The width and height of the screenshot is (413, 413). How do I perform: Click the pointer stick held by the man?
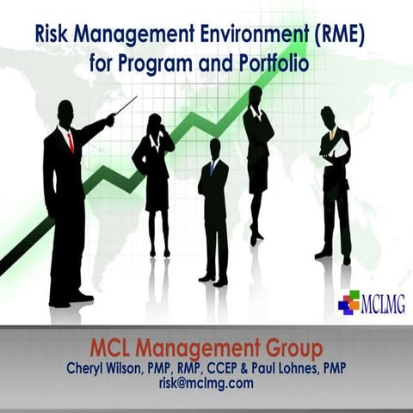(x=126, y=106)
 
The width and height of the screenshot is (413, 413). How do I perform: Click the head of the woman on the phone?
(x=156, y=122)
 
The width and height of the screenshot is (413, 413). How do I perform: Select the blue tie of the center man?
(x=212, y=167)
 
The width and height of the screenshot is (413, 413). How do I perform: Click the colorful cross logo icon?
(x=348, y=302)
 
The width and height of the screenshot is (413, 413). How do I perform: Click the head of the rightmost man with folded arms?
(x=328, y=117)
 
